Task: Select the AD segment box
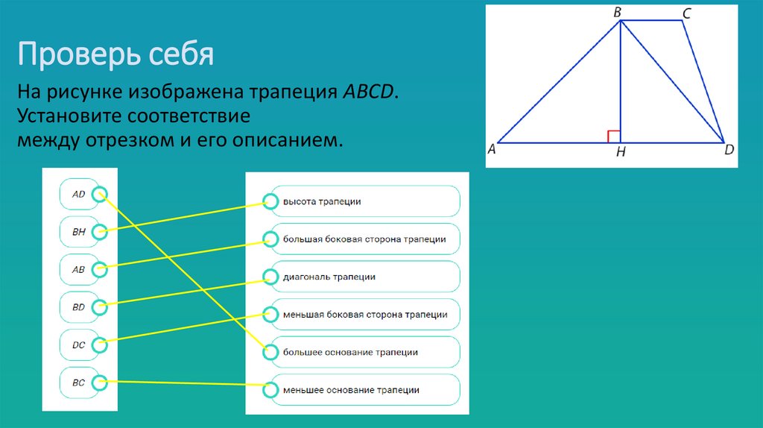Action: (x=79, y=195)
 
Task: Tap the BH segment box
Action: (x=79, y=232)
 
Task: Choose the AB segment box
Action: (x=79, y=269)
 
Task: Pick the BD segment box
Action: (x=79, y=306)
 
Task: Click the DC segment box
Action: (x=79, y=344)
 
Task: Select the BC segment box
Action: (x=79, y=383)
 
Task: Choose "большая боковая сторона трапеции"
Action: (x=363, y=239)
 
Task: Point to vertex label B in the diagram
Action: (x=618, y=12)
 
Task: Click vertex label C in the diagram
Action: (x=686, y=12)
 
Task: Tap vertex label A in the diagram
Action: (x=492, y=149)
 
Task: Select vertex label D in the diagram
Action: (x=729, y=150)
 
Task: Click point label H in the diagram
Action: (x=621, y=154)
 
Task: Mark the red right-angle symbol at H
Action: (x=614, y=136)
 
